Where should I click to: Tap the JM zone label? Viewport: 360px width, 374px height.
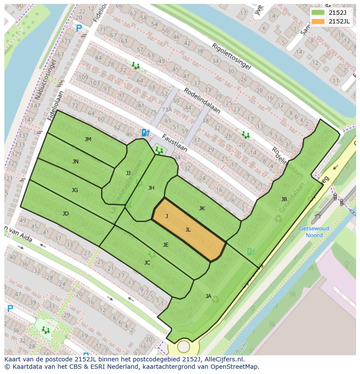pyautogui.click(x=88, y=139)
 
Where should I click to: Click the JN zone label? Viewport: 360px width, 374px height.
pyautogui.click(x=75, y=162)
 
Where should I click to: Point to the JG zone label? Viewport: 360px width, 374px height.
pyautogui.click(x=75, y=190)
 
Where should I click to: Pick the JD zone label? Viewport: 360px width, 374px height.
pyautogui.click(x=65, y=214)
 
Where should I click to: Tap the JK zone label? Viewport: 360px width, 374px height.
pyautogui.click(x=202, y=209)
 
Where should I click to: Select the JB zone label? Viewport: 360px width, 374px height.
pyautogui.click(x=284, y=199)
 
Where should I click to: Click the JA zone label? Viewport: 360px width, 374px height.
pyautogui.click(x=208, y=296)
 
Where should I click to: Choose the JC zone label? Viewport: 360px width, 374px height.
pyautogui.click(x=147, y=263)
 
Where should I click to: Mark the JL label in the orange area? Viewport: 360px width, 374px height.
pyautogui.click(x=188, y=230)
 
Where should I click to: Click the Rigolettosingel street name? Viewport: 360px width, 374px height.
pyautogui.click(x=231, y=56)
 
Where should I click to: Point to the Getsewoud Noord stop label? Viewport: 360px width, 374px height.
pyautogui.click(x=314, y=232)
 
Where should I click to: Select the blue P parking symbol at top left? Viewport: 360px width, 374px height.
pyautogui.click(x=79, y=29)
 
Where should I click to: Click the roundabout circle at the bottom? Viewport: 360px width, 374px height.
pyautogui.click(x=183, y=347)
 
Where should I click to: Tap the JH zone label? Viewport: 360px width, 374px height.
pyautogui.click(x=151, y=188)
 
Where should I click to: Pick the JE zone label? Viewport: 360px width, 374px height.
pyautogui.click(x=165, y=245)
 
